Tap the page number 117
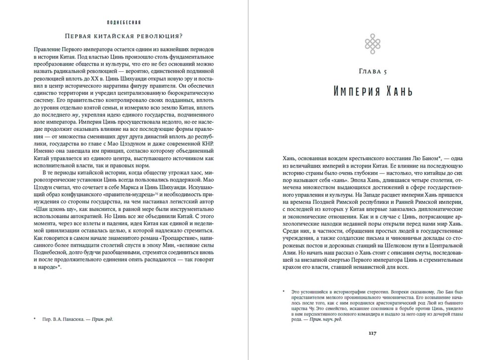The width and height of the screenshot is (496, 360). tap(371, 333)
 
